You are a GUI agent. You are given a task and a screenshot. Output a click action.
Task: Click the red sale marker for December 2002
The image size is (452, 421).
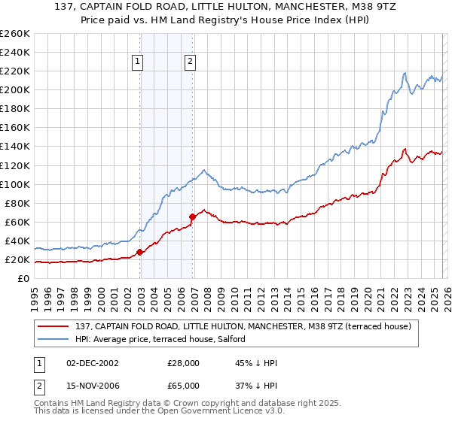(140, 252)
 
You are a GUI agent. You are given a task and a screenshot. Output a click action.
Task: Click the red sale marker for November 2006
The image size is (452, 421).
(192, 217)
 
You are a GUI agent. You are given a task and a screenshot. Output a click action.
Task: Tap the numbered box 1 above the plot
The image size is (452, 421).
(139, 62)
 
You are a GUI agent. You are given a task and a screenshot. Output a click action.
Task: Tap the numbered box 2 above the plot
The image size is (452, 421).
(190, 62)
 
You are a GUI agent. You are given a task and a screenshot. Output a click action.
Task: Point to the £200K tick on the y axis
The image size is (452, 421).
(14, 89)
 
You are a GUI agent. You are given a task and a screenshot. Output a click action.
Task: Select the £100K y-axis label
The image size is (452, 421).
(14, 184)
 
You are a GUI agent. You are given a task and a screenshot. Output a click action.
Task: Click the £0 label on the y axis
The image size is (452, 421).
(22, 279)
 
